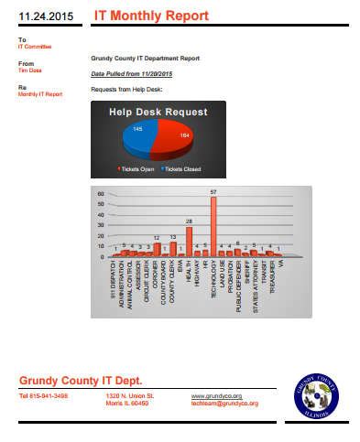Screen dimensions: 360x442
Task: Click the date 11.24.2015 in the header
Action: point(45,16)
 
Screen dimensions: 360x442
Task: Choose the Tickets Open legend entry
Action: point(136,170)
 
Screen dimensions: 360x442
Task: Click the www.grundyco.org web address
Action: point(210,395)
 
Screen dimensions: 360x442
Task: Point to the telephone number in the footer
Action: point(43,395)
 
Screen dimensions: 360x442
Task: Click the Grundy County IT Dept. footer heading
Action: point(81,379)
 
